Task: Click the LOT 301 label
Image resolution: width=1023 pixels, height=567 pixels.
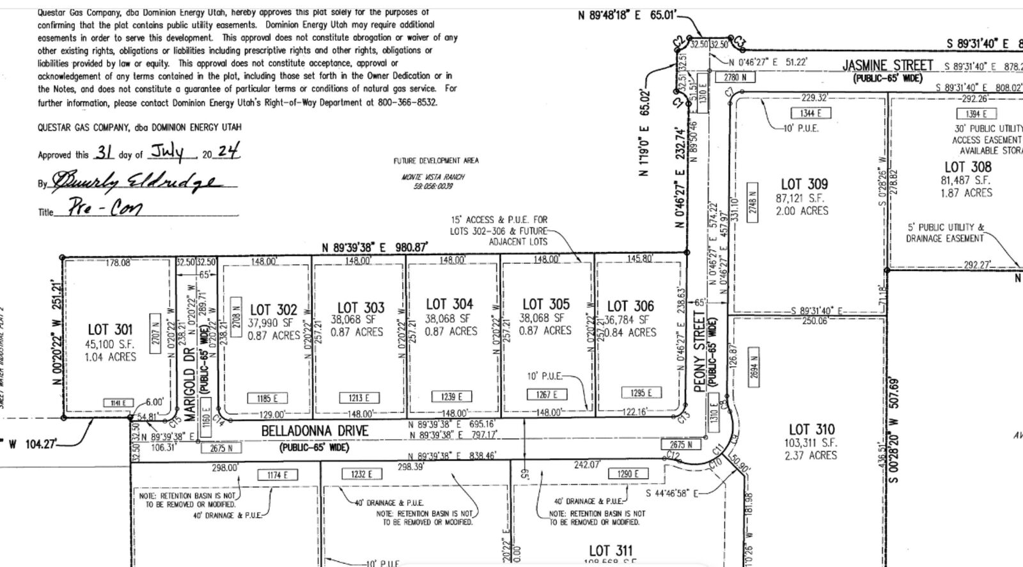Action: (110, 329)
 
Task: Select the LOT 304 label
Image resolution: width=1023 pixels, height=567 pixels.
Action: (449, 304)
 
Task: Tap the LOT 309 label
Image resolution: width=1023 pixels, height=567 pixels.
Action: (804, 185)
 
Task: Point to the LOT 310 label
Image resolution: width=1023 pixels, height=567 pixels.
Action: (811, 430)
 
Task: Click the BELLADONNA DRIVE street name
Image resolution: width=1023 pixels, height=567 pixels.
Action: (315, 431)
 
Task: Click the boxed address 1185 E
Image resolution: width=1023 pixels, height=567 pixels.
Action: (267, 398)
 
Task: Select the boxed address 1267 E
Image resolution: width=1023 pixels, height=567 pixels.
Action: (547, 395)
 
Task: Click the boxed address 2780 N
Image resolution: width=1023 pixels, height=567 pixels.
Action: (730, 77)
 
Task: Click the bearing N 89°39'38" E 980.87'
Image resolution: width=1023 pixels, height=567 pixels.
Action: (374, 247)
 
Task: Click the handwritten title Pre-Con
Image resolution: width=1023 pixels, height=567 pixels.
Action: (98, 208)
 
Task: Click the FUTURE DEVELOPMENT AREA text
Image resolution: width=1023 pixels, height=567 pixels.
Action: (435, 161)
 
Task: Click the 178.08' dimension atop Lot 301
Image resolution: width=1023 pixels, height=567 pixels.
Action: (118, 262)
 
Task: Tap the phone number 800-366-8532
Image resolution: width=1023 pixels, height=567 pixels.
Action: (407, 102)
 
